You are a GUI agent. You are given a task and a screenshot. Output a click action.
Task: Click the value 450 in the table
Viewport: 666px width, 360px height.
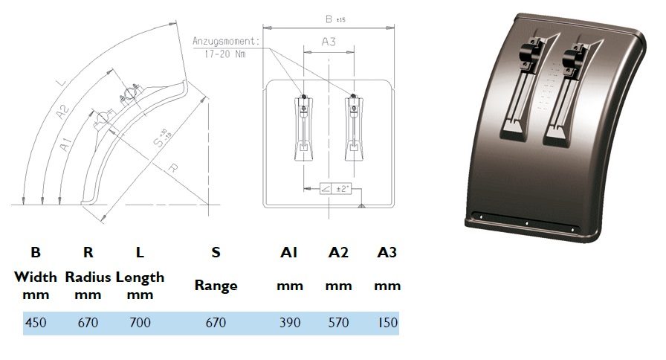tap(36, 323)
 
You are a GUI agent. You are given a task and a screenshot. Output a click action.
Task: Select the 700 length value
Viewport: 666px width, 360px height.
tap(140, 323)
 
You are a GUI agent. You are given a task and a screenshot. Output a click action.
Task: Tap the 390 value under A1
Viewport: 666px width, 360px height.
tap(290, 323)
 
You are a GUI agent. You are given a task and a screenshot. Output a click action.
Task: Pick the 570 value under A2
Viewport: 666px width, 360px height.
tap(338, 323)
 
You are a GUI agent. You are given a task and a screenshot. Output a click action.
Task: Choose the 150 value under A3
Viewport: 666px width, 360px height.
tap(387, 323)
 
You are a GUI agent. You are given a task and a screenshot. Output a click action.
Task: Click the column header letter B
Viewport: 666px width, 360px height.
tap(36, 252)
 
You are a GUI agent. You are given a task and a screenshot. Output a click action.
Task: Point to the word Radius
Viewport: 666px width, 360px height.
tap(88, 277)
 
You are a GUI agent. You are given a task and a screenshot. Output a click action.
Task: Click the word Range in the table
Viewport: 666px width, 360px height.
tap(216, 286)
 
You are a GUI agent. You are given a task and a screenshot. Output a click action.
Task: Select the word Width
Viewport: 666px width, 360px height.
tap(36, 277)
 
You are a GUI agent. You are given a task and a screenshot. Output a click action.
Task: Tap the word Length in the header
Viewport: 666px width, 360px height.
tap(140, 278)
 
